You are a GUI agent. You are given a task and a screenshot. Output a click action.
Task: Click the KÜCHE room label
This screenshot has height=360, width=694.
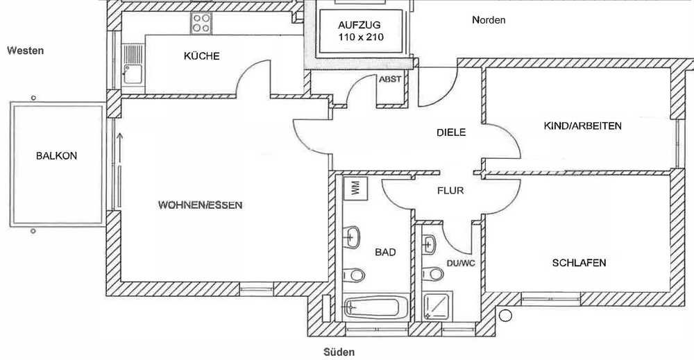[202, 55]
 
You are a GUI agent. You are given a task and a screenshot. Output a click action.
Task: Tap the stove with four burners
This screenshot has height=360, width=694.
[201, 23]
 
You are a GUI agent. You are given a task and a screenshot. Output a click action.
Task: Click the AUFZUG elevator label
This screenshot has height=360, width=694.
[359, 25]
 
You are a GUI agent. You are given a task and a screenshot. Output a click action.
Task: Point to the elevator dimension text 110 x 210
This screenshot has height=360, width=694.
[361, 37]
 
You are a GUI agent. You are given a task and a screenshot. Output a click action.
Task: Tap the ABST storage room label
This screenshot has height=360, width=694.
[390, 79]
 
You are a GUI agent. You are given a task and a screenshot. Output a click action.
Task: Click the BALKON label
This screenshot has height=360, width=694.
[57, 155]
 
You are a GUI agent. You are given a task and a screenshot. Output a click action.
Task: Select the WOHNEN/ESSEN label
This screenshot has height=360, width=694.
[200, 205]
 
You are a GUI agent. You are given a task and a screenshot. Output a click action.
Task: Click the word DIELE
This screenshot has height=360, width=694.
[451, 132]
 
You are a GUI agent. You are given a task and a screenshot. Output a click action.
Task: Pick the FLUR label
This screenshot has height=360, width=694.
[450, 191]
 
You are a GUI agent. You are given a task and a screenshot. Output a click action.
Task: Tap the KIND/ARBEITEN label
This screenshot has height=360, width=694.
[582, 126]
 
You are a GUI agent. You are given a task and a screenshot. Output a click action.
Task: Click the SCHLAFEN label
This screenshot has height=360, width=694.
[579, 263]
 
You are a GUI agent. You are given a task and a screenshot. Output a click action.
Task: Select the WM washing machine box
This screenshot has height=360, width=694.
[355, 188]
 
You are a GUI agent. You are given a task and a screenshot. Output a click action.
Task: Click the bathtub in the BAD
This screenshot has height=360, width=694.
[376, 307]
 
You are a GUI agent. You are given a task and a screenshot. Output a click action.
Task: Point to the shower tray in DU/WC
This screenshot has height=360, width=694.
[437, 306]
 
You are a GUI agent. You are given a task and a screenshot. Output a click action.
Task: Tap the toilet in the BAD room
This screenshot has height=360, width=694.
[354, 275]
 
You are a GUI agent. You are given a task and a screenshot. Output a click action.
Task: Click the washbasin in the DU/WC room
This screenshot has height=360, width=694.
[430, 244]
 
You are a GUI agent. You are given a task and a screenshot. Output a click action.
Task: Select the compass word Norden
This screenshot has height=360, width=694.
[489, 20]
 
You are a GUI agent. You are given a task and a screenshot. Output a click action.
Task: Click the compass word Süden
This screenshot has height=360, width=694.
[339, 352]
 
